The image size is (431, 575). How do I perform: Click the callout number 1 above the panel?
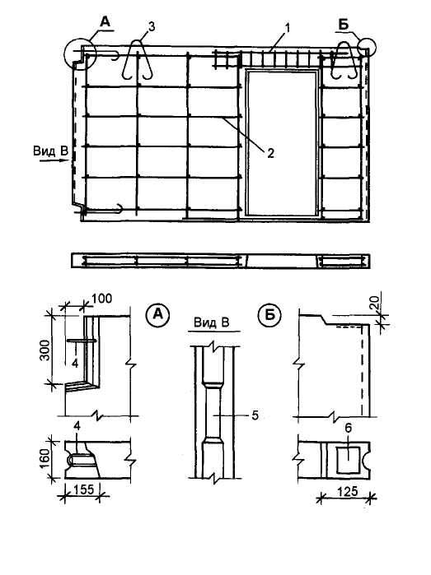(288, 28)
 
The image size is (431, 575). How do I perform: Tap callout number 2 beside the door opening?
(270, 153)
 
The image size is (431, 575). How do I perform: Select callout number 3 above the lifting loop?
(152, 27)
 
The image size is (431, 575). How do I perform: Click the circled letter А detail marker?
(158, 314)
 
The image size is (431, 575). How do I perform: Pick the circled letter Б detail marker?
(270, 314)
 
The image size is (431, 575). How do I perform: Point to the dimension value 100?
(101, 299)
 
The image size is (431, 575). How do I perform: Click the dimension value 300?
(45, 350)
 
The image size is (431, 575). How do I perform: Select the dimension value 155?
(84, 489)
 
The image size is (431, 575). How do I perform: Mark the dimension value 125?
(347, 491)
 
